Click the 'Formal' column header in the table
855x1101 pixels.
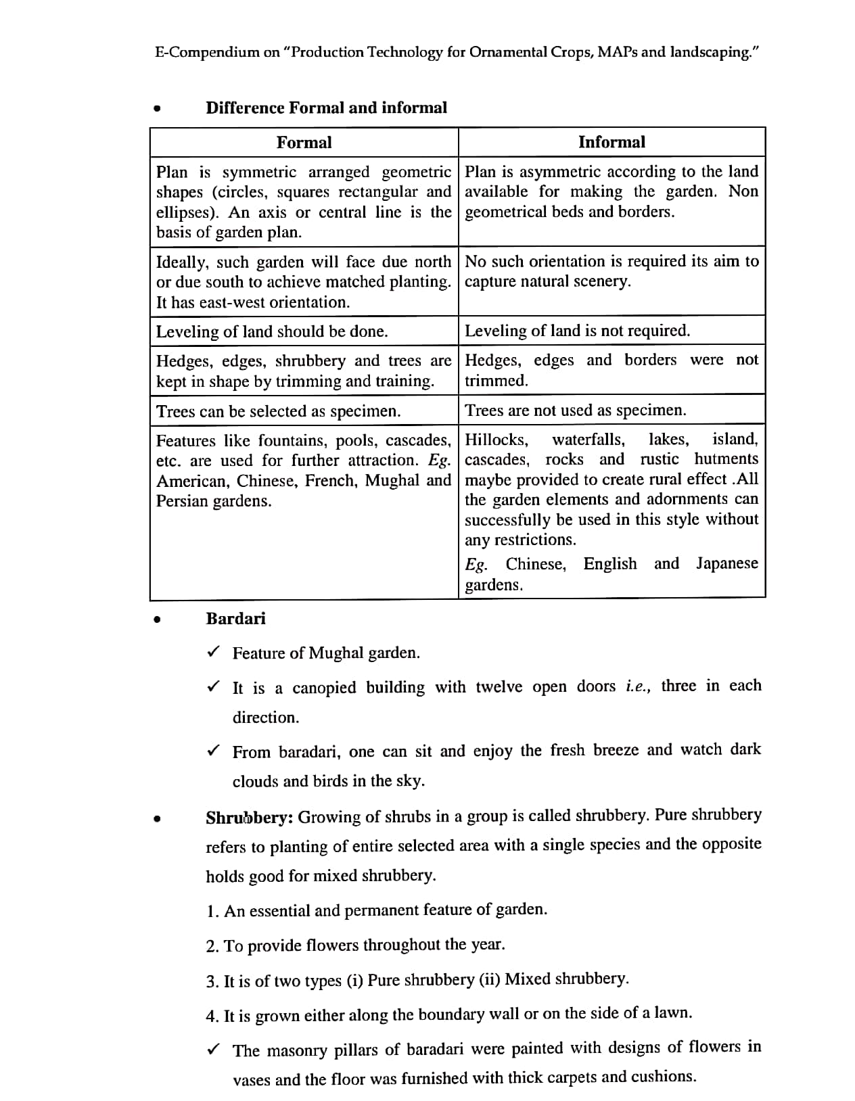click(x=304, y=143)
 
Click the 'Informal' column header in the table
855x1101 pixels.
click(x=611, y=142)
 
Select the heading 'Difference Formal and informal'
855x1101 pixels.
click(x=326, y=108)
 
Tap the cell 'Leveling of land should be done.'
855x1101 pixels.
click(x=272, y=332)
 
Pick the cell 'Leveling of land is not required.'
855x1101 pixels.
click(x=577, y=331)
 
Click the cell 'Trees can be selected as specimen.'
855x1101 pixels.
click(x=278, y=411)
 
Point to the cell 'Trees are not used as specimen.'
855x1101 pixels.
click(x=575, y=411)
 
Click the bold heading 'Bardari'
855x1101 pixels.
click(x=235, y=619)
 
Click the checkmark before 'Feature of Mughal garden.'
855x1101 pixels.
click(x=213, y=652)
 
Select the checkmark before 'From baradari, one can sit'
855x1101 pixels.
click(x=213, y=751)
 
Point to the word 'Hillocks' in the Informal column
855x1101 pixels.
click(x=496, y=440)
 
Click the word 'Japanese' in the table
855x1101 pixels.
click(x=727, y=564)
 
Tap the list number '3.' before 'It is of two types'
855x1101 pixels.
click(x=212, y=981)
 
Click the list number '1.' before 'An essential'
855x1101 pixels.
click(x=212, y=912)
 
